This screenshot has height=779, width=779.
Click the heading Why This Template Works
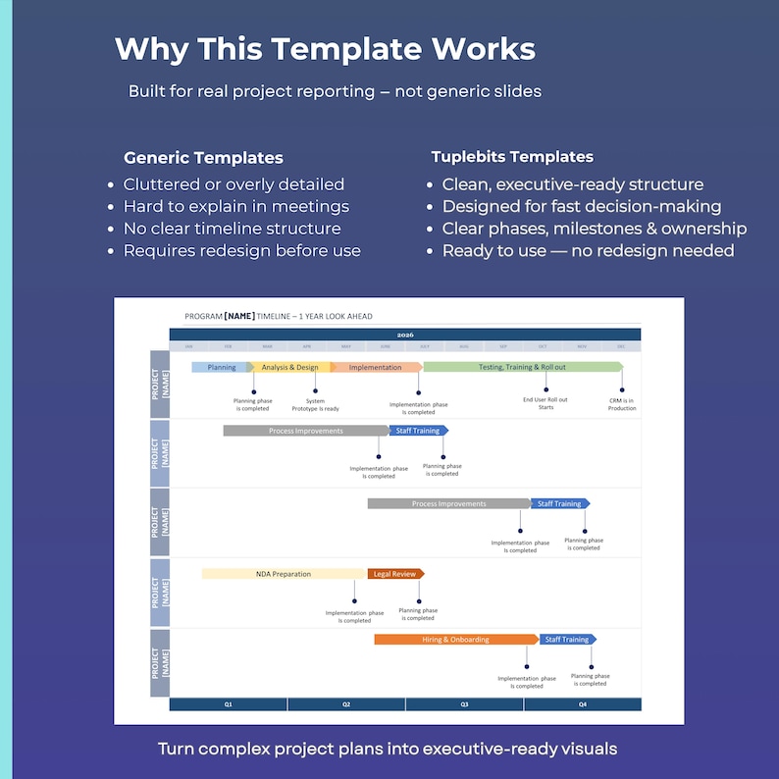(x=325, y=49)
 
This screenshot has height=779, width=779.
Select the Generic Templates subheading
(x=203, y=158)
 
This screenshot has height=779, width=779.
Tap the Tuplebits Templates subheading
(x=512, y=157)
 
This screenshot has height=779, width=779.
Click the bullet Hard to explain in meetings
(x=235, y=206)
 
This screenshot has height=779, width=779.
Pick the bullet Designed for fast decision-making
(x=582, y=206)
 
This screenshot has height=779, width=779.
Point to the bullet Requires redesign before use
(x=241, y=250)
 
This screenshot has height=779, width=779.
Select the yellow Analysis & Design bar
(x=289, y=367)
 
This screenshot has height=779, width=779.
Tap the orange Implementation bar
(x=375, y=367)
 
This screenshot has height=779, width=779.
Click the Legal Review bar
(x=394, y=574)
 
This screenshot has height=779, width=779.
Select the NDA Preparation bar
(x=284, y=574)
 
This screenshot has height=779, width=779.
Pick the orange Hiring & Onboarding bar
(x=454, y=640)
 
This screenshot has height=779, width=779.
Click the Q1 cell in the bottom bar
(x=228, y=704)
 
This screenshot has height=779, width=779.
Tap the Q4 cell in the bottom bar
(x=582, y=704)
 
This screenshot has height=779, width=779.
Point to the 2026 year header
(x=404, y=335)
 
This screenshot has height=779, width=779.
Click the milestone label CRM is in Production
(x=622, y=403)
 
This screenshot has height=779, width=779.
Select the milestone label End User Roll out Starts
(x=545, y=403)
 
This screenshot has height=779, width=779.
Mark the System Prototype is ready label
(x=315, y=404)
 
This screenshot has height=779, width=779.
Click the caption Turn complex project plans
(x=388, y=749)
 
